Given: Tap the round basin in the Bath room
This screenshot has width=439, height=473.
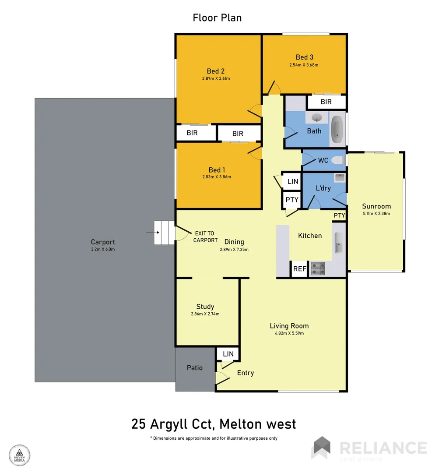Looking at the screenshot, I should tap(317, 117).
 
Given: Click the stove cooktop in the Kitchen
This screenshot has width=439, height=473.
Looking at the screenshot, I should tap(318, 268).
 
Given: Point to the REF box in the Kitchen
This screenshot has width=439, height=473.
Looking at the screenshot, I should tap(299, 269).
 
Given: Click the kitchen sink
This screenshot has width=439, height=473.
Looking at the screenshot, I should tap(338, 243).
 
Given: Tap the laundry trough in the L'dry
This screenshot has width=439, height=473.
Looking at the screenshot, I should tap(339, 177).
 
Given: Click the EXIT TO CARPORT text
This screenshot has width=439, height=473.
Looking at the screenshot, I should tap(206, 237).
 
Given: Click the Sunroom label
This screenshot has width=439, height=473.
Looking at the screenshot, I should tap(376, 206).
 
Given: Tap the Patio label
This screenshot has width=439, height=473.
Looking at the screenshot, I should tap(195, 368).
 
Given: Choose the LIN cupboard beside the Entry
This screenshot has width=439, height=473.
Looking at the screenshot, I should tap(228, 354).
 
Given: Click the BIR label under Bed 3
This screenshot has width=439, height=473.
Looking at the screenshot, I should tap(326, 102).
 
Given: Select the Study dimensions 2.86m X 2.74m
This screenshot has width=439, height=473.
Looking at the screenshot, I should tap(205, 314).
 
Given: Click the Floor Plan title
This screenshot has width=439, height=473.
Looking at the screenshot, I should tap(217, 18).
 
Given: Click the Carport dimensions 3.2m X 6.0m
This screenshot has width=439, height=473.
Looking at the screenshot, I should tap(103, 249).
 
